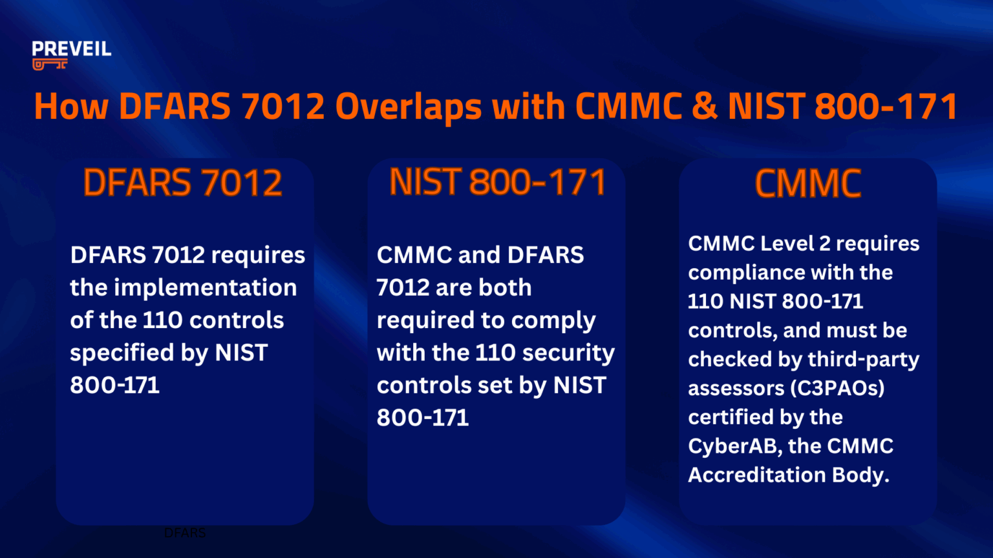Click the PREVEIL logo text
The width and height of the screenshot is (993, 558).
pos(71,49)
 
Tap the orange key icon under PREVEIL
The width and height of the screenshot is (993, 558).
pos(50,64)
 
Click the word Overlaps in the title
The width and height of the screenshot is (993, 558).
pos(409,107)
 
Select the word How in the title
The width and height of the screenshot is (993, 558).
pos(71,107)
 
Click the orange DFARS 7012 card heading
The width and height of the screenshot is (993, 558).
pos(183,183)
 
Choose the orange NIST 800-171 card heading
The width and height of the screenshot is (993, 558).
pos(497,182)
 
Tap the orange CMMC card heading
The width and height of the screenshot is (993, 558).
pos(808,183)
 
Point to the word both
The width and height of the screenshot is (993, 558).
pos(506,287)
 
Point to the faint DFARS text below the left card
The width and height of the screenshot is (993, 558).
pos(185,533)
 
